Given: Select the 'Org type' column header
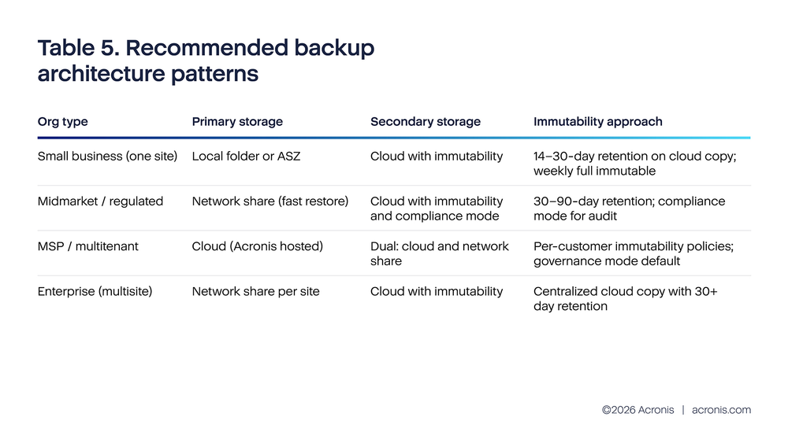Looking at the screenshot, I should pos(63,122).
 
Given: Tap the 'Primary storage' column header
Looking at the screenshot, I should pos(237,122).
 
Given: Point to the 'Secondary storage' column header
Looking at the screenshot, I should pos(425,122).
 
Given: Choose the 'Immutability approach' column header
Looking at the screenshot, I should pos(597,122).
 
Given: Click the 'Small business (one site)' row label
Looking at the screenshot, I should pos(108,157).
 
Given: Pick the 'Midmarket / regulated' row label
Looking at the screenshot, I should pos(100,201).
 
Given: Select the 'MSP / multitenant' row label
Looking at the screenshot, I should pos(87,246).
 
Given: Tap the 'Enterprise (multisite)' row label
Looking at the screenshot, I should pos(95,291).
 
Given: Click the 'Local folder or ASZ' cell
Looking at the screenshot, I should pos(246,157).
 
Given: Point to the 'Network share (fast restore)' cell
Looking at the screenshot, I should pos(269,201).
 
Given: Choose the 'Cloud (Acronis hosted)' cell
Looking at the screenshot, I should pos(257,246).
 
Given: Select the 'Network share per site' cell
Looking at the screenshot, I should pos(255,291).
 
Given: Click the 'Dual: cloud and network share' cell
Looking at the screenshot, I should pos(439,253).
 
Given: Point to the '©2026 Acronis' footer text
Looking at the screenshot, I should pos(637,410).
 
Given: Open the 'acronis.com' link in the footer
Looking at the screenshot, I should pos(721,410).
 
